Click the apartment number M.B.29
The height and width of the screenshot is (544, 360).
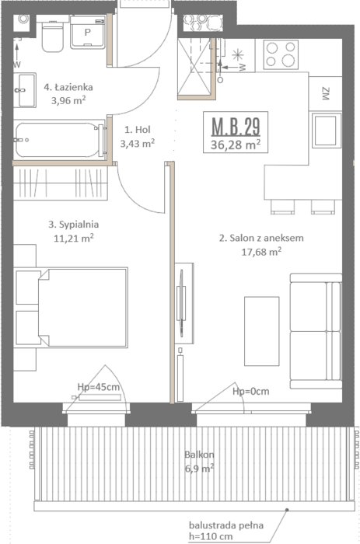pos(236,126)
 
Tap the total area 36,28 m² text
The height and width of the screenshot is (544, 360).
pos(236,144)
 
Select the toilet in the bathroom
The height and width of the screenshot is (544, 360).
pos(52,36)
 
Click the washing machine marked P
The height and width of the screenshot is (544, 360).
pos(88,33)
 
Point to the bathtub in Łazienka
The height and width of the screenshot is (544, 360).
pos(59,140)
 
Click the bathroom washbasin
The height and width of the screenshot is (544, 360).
pos(25,90)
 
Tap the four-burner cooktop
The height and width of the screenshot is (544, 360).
pos(281,55)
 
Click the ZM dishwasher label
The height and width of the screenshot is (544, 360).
pos(325,94)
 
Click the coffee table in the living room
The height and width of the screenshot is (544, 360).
pos(262,331)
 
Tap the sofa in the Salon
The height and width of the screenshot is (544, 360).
pos(316,331)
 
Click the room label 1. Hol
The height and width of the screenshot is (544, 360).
pos(138,130)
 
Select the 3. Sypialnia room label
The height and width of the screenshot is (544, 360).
pos(74,225)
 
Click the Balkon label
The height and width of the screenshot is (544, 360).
pos(199,455)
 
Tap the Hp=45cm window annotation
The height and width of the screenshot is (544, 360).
pos(99,387)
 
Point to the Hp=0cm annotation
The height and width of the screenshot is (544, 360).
pos(250,392)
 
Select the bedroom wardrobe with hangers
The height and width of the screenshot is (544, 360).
pos(61,183)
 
